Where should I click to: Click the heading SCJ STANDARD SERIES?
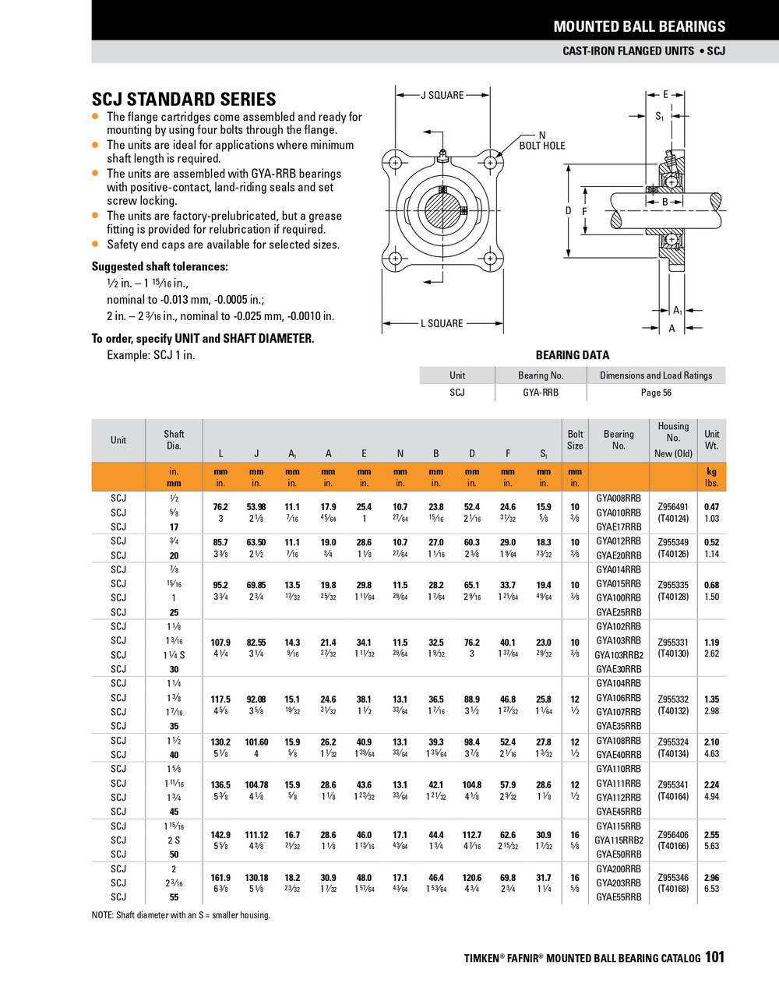pos(184,100)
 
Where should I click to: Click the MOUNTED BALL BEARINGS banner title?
pos(639,26)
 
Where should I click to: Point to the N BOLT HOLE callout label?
pos(542,140)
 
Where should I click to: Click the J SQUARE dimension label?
pos(442,95)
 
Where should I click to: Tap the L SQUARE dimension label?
pos(442,323)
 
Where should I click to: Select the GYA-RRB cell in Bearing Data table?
pos(541,393)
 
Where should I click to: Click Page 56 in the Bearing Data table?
pos(656,393)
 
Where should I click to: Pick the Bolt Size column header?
pos(575,440)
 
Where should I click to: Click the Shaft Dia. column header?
pos(174,440)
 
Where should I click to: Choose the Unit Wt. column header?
pos(712,440)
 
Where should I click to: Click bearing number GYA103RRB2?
pos(619,655)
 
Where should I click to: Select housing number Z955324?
pos(673,742)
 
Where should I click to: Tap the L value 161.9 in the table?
pos(220,878)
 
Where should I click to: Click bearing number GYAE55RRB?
pos(619,897)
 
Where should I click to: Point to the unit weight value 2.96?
pos(711,878)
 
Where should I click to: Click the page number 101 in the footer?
pos(714,957)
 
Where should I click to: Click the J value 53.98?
pos(256,507)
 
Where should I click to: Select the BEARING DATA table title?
pos(573,355)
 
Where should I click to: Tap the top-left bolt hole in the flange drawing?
pos(396,163)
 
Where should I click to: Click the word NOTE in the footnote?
pos(104,915)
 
